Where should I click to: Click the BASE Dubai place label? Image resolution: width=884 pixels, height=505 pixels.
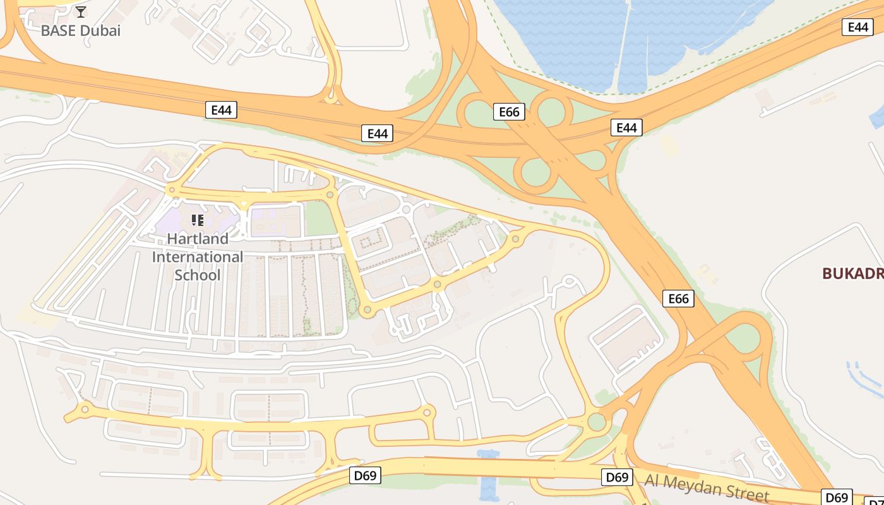pyautogui.click(x=80, y=30)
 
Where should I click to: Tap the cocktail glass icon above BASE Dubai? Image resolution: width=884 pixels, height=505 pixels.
pyautogui.click(x=81, y=12)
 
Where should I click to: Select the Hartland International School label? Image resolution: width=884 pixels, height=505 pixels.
pyautogui.click(x=197, y=257)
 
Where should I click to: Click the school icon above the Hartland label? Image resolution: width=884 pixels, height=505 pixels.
pyautogui.click(x=197, y=220)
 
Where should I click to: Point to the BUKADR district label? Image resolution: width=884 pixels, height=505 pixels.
pyautogui.click(x=852, y=273)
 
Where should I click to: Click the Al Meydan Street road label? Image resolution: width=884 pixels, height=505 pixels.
pyautogui.click(x=707, y=487)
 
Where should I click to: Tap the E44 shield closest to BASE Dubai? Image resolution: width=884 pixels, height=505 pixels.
pyautogui.click(x=221, y=110)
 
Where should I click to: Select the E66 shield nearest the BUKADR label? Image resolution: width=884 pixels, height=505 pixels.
pyautogui.click(x=678, y=298)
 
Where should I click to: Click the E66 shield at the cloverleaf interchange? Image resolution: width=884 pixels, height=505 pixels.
pyautogui.click(x=509, y=112)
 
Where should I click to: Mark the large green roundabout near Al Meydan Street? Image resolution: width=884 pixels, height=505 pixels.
pyautogui.click(x=596, y=422)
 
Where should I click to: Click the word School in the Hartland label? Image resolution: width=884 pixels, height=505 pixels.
pyautogui.click(x=197, y=275)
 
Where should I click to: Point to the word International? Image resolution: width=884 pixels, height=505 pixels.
pyautogui.click(x=197, y=257)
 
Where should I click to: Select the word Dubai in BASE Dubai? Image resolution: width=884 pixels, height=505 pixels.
pyautogui.click(x=101, y=30)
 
